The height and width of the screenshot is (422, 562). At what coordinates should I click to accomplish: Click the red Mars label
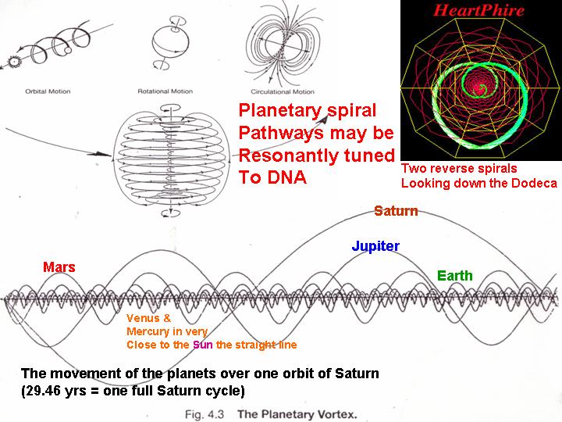point(59,267)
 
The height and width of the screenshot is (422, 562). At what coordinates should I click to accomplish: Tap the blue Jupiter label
point(375,246)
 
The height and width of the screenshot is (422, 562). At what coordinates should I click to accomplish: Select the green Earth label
point(455,276)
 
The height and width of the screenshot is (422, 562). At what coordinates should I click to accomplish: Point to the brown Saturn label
point(396,211)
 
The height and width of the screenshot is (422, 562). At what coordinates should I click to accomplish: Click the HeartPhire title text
point(478,10)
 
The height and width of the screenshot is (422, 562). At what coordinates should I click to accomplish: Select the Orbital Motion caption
point(48,91)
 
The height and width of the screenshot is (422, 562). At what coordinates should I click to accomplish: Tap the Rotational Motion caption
point(165,91)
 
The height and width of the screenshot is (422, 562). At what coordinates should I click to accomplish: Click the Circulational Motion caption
point(283,92)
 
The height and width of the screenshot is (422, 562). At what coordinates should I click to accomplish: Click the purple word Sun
point(202,345)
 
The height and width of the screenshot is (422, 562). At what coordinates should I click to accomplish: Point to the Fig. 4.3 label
point(205,414)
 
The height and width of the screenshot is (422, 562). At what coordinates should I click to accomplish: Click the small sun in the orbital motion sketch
point(14,62)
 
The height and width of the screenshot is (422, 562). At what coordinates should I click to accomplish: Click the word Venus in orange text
point(143,318)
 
